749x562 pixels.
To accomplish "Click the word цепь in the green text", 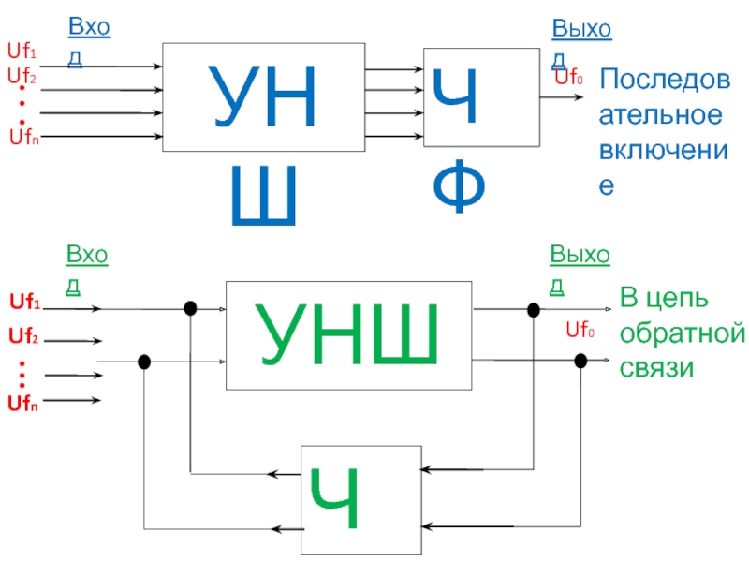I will (x=677, y=300).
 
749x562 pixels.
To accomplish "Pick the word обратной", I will (x=683, y=333).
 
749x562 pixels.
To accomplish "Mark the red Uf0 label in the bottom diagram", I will (x=580, y=329).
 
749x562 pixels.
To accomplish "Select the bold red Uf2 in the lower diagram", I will (x=23, y=335).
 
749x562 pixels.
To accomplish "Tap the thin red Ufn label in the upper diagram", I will (x=24, y=140).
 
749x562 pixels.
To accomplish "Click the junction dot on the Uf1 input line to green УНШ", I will (x=190, y=308).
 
